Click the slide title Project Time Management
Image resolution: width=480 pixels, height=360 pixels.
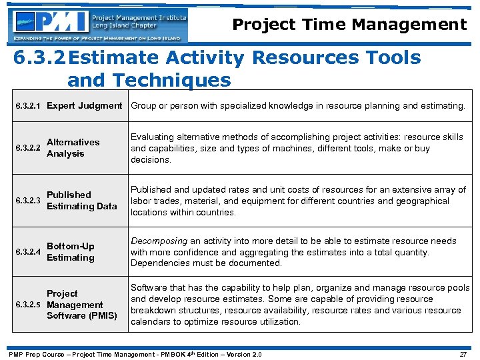[349, 25]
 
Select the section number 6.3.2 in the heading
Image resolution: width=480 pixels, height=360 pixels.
[39, 58]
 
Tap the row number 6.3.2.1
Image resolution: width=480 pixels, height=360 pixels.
[29, 106]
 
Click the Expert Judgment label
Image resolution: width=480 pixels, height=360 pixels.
[84, 105]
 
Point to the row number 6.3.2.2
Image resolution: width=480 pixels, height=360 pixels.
[29, 148]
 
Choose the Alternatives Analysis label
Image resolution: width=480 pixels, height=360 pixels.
[73, 148]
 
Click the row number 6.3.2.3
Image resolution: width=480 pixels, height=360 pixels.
[29, 201]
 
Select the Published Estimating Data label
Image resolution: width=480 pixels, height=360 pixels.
[81, 201]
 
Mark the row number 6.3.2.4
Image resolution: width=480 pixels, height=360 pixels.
[29, 252]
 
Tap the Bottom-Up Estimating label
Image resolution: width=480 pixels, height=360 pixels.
[71, 252]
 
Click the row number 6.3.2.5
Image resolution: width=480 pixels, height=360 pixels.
[29, 305]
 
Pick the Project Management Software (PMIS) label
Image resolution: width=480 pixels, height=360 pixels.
[81, 305]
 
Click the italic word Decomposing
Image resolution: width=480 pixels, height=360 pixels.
[159, 241]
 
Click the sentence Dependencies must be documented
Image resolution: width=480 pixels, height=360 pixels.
[207, 263]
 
